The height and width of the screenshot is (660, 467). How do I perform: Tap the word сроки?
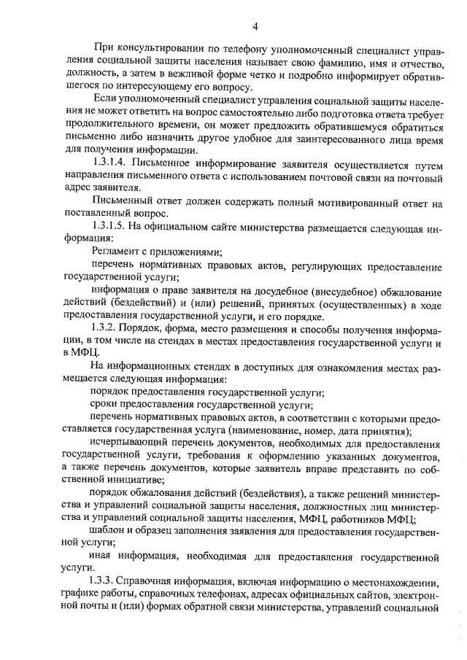105,405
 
